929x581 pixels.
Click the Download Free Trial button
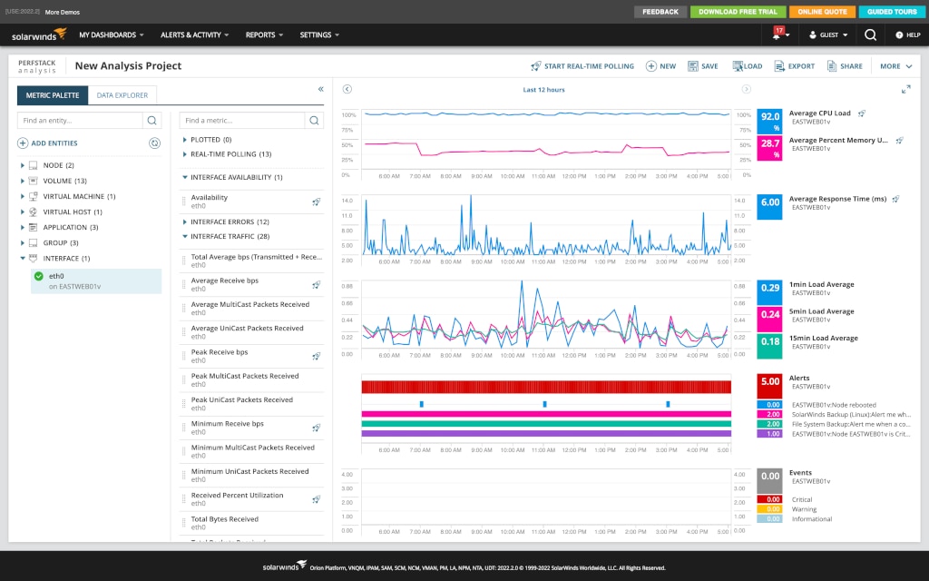737,12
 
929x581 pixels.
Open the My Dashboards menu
111,34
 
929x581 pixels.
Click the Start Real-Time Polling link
582,66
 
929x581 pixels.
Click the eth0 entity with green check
56,276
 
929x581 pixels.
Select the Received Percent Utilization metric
237,495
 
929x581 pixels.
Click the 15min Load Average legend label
822,338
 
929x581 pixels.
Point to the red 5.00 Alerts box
769,382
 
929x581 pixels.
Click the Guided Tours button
891,12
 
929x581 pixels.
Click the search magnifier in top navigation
870,34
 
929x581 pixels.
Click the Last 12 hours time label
543,90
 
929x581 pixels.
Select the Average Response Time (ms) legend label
836,198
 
